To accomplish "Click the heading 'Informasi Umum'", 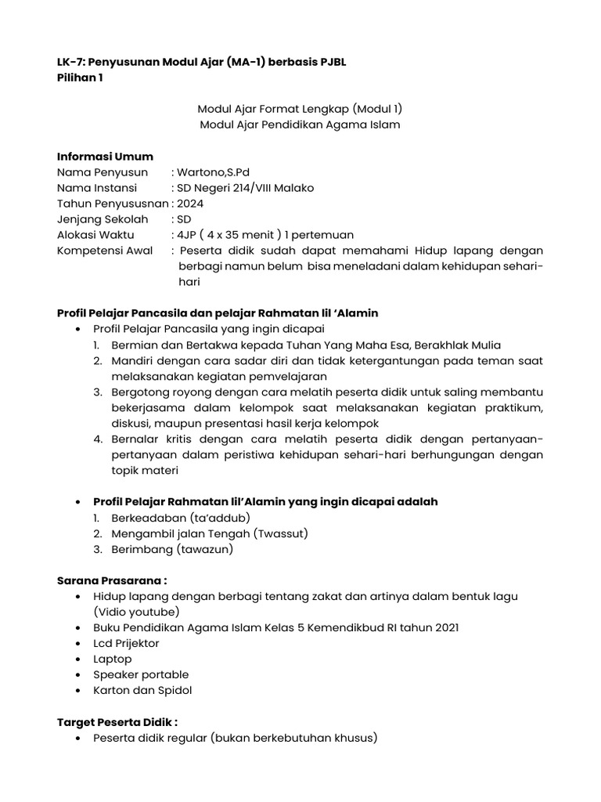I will (105, 156).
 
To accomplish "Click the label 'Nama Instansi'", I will (96, 188).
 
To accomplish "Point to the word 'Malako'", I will (296, 188).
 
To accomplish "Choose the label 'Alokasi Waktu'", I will (95, 235).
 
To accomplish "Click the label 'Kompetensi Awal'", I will (104, 251).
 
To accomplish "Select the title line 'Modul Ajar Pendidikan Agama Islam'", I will (300, 125).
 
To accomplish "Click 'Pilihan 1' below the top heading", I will (80, 78).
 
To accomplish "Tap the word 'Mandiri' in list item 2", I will (132, 360).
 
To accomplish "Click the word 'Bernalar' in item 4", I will (135, 439).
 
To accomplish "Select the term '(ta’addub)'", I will (220, 518).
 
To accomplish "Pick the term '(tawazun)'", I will (205, 549).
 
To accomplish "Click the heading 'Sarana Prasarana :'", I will (112, 580).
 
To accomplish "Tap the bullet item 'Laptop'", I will (113, 659).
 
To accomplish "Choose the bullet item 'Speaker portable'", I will (141, 674).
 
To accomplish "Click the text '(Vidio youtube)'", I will (136, 612).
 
